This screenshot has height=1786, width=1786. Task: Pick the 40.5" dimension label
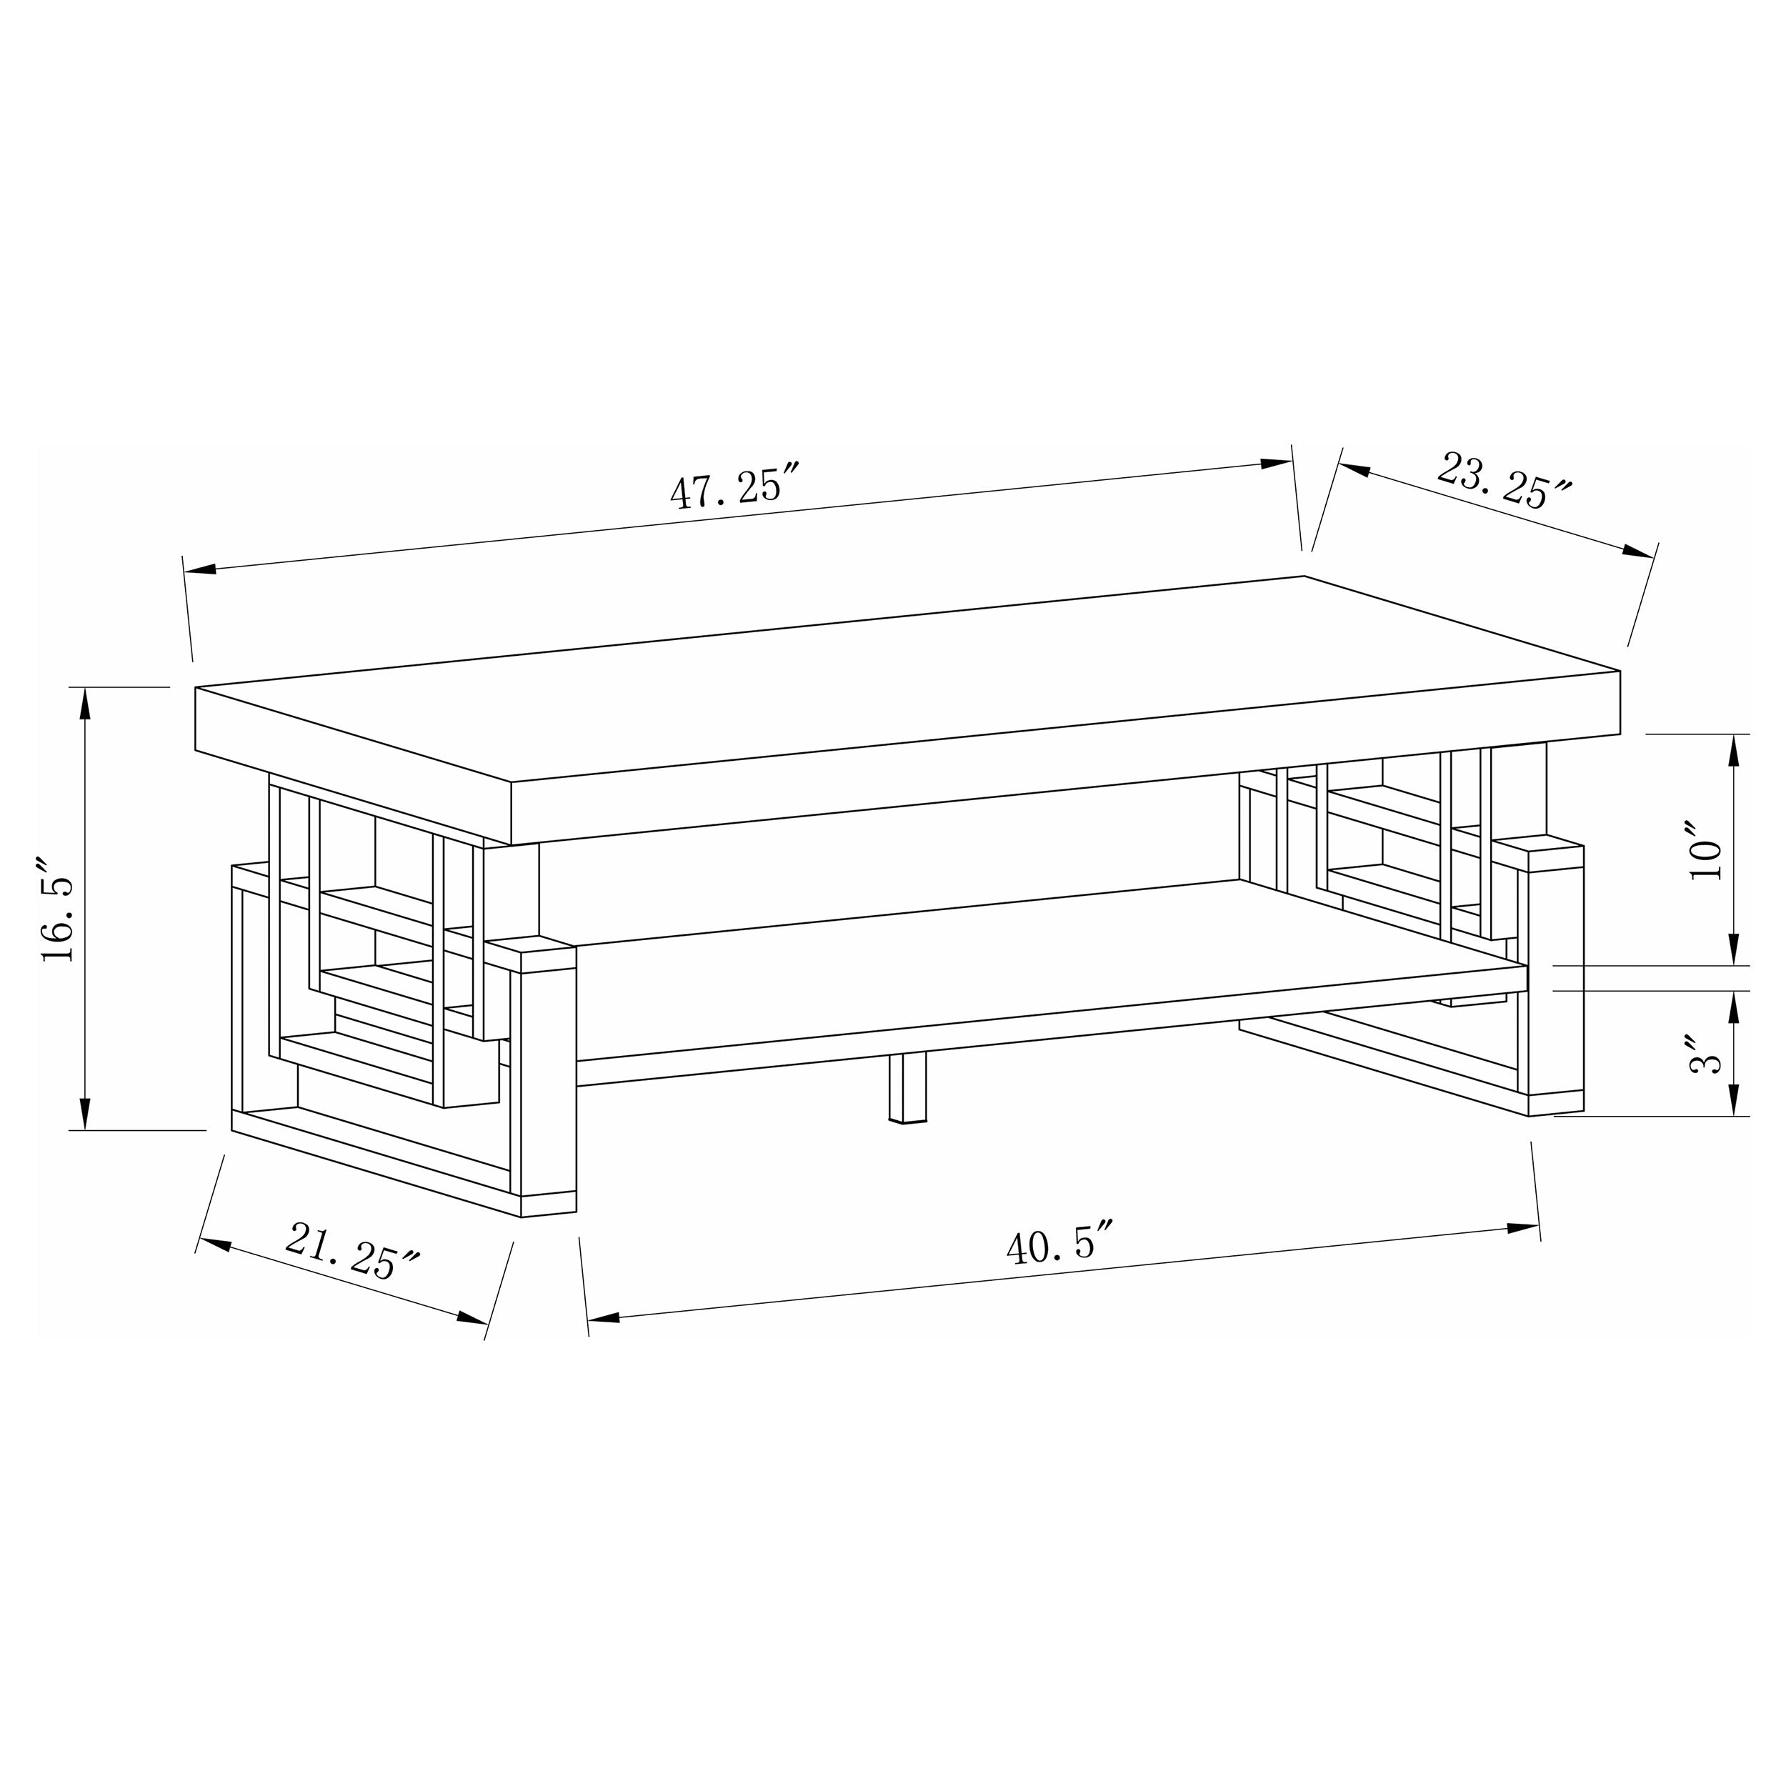pyautogui.click(x=1059, y=1245)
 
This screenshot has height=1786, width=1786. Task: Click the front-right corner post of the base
pyautogui.click(x=1556, y=980)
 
